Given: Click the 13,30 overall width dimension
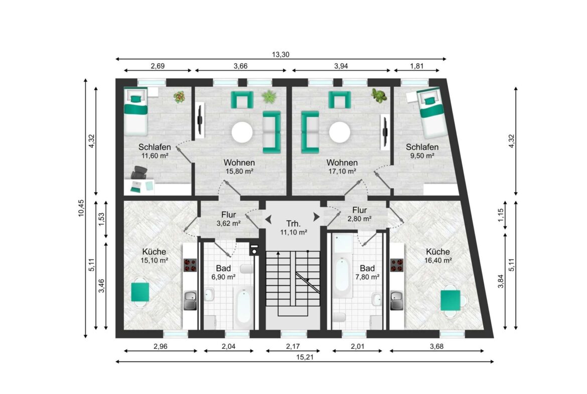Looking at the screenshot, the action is pyautogui.click(x=280, y=55).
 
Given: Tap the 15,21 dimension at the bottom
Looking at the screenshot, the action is pyautogui.click(x=305, y=357).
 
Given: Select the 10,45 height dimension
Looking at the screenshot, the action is pyautogui.click(x=81, y=208).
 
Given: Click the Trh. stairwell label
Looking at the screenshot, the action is pyautogui.click(x=293, y=224).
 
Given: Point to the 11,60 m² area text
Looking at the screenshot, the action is pyautogui.click(x=154, y=156).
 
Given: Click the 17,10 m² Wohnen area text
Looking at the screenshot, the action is pyautogui.click(x=342, y=171).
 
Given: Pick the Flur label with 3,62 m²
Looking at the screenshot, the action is pyautogui.click(x=228, y=215).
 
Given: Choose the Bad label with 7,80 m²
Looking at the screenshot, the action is pyautogui.click(x=367, y=268).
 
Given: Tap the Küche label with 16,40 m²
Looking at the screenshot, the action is pyautogui.click(x=437, y=251).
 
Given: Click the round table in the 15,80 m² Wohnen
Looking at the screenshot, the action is pyautogui.click(x=242, y=132).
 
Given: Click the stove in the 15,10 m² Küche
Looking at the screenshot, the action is pyautogui.click(x=190, y=265).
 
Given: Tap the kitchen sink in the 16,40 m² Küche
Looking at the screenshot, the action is pyautogui.click(x=397, y=300).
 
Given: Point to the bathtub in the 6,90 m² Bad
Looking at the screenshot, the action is pyautogui.click(x=243, y=308).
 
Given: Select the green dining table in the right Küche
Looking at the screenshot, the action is pyautogui.click(x=451, y=300).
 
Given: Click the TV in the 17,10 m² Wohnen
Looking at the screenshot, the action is pyautogui.click(x=384, y=130).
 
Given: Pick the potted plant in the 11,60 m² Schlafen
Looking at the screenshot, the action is pyautogui.click(x=180, y=97).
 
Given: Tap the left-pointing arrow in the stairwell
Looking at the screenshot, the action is pyautogui.click(x=268, y=217).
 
